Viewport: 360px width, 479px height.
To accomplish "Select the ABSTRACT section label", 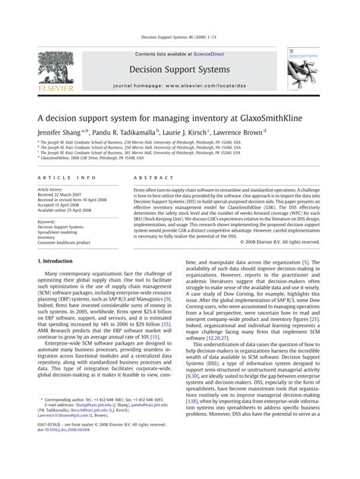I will (151, 176).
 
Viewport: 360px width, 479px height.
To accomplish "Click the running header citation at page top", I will (179, 36).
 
